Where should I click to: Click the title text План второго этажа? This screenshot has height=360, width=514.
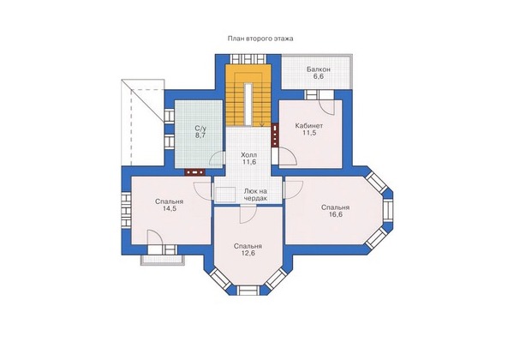point(260,39)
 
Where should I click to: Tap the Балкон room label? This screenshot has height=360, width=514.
point(319,69)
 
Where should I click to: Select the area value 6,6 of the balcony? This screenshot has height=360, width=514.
point(319,77)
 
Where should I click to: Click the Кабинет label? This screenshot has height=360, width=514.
point(308,126)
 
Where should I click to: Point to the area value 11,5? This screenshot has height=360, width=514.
point(308,133)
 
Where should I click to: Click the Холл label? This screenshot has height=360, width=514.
point(248,155)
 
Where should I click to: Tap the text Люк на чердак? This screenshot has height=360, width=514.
point(255,195)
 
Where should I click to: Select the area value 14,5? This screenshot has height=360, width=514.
point(170,208)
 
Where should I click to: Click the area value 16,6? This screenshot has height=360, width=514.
point(336,215)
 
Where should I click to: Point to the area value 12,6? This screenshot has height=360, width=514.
point(248,253)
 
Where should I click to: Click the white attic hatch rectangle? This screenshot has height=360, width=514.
point(225,194)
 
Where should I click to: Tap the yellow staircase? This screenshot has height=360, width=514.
point(248,95)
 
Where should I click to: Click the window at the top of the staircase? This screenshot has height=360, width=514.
point(248,59)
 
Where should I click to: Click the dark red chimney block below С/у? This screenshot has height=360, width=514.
point(195,172)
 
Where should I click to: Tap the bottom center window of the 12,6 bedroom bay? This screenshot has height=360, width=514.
point(248,291)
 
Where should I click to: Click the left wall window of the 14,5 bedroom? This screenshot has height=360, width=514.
point(126,210)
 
